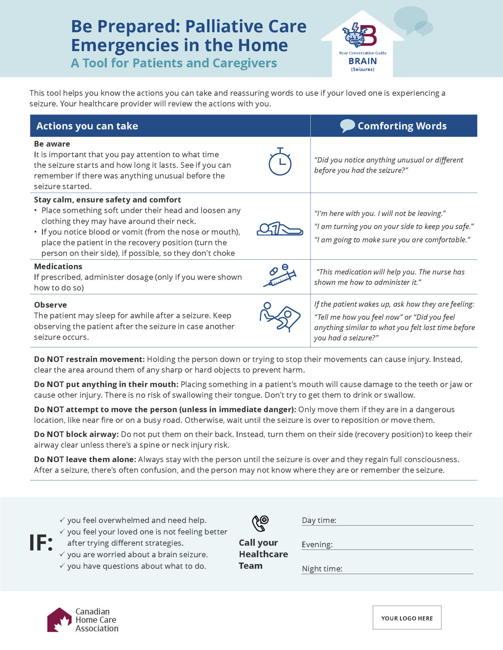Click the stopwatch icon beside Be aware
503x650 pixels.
pyautogui.click(x=280, y=162)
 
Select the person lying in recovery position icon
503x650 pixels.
pyautogui.click(x=280, y=229)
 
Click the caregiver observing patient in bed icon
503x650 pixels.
pyautogui.click(x=280, y=317)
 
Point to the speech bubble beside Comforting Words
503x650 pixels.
pyautogui.click(x=347, y=126)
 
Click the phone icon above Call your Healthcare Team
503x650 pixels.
pyautogui.click(x=260, y=523)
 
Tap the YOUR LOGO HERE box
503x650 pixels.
pyautogui.click(x=407, y=618)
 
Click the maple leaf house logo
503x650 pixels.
pyautogui.click(x=59, y=620)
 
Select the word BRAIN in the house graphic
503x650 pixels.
pyautogui.click(x=362, y=61)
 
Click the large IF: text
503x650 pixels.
pyautogui.click(x=41, y=543)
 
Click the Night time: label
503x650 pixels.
pyautogui.click(x=322, y=569)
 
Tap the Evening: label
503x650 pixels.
pyautogui.click(x=317, y=544)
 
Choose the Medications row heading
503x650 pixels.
pyautogui.click(x=58, y=266)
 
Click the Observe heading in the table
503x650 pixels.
pyautogui.click(x=51, y=305)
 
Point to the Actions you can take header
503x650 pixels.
pyautogui.click(x=87, y=126)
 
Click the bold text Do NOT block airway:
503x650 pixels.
pyautogui.click(x=76, y=434)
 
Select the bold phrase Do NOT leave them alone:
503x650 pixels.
pyautogui.click(x=85, y=459)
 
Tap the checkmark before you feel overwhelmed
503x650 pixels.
pyautogui.click(x=62, y=520)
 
